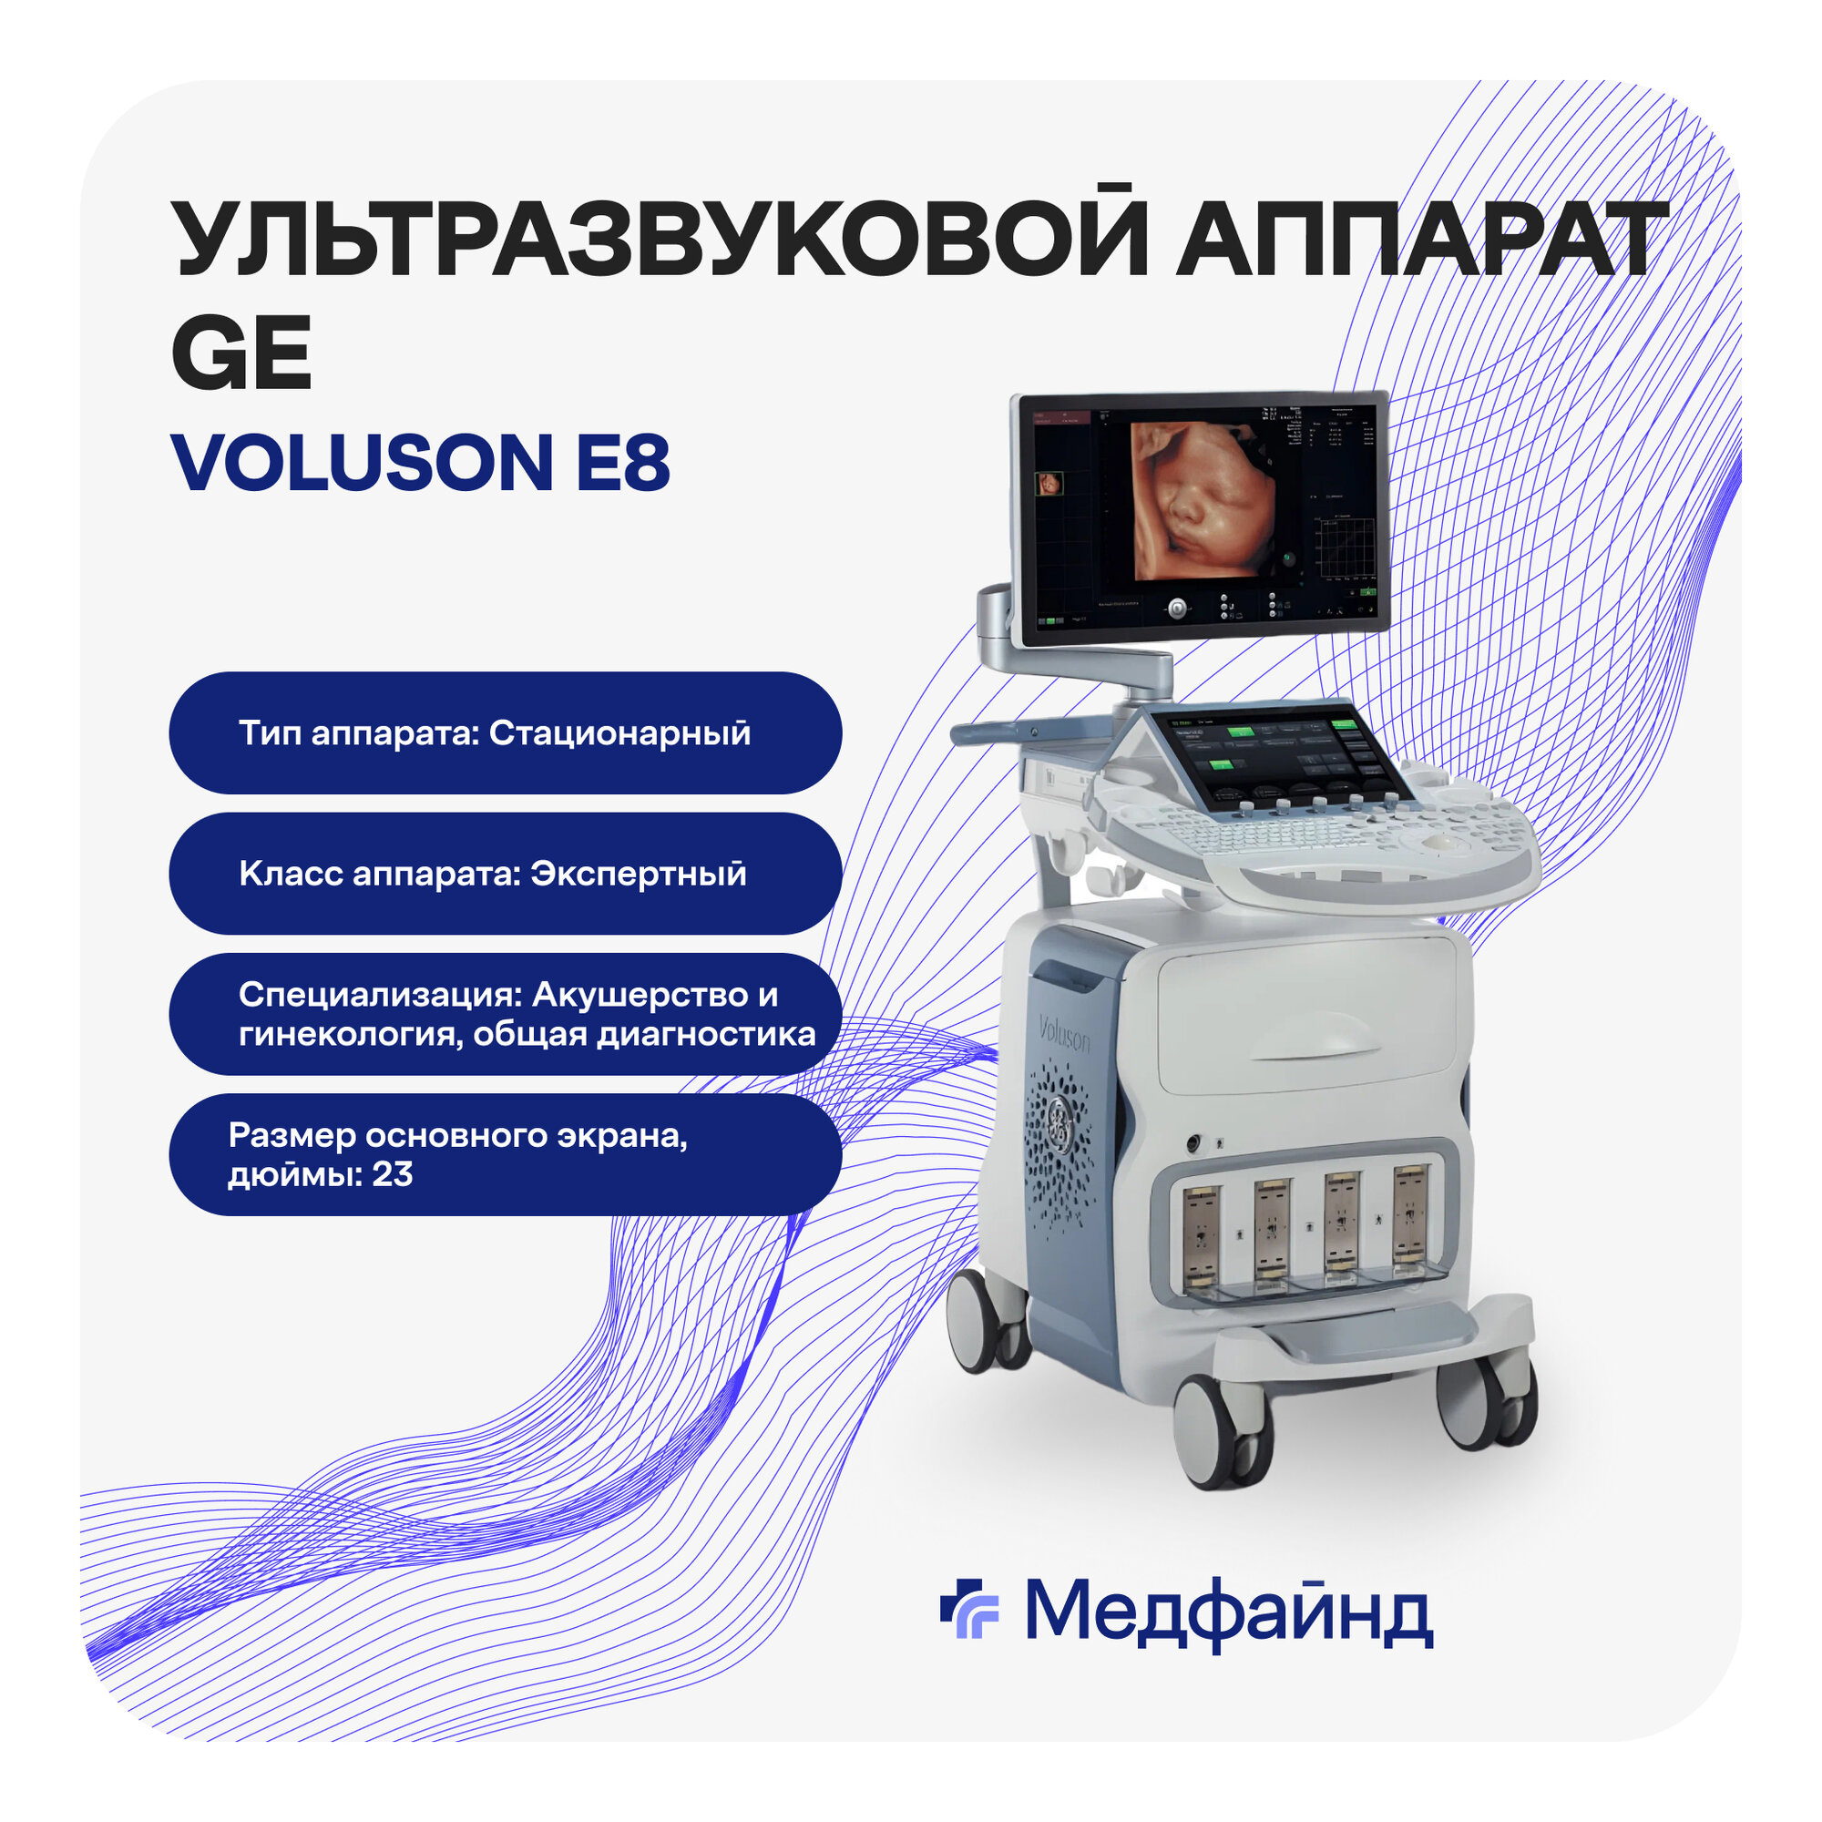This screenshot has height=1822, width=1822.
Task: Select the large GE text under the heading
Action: coord(241,353)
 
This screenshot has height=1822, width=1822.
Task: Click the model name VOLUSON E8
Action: coord(421,462)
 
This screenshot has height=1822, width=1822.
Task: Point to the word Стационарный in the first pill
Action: coord(619,732)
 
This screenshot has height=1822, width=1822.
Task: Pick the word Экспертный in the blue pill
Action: coord(639,874)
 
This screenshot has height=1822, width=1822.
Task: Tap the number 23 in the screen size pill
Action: coord(393,1174)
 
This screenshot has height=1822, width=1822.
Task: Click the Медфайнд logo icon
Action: coord(969,1608)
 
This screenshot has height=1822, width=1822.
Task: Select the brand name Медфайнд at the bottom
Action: coord(1229,1611)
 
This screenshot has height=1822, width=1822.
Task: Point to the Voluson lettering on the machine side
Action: coord(1064,1035)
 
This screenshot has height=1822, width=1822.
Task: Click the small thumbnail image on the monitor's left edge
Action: coord(1048,485)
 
